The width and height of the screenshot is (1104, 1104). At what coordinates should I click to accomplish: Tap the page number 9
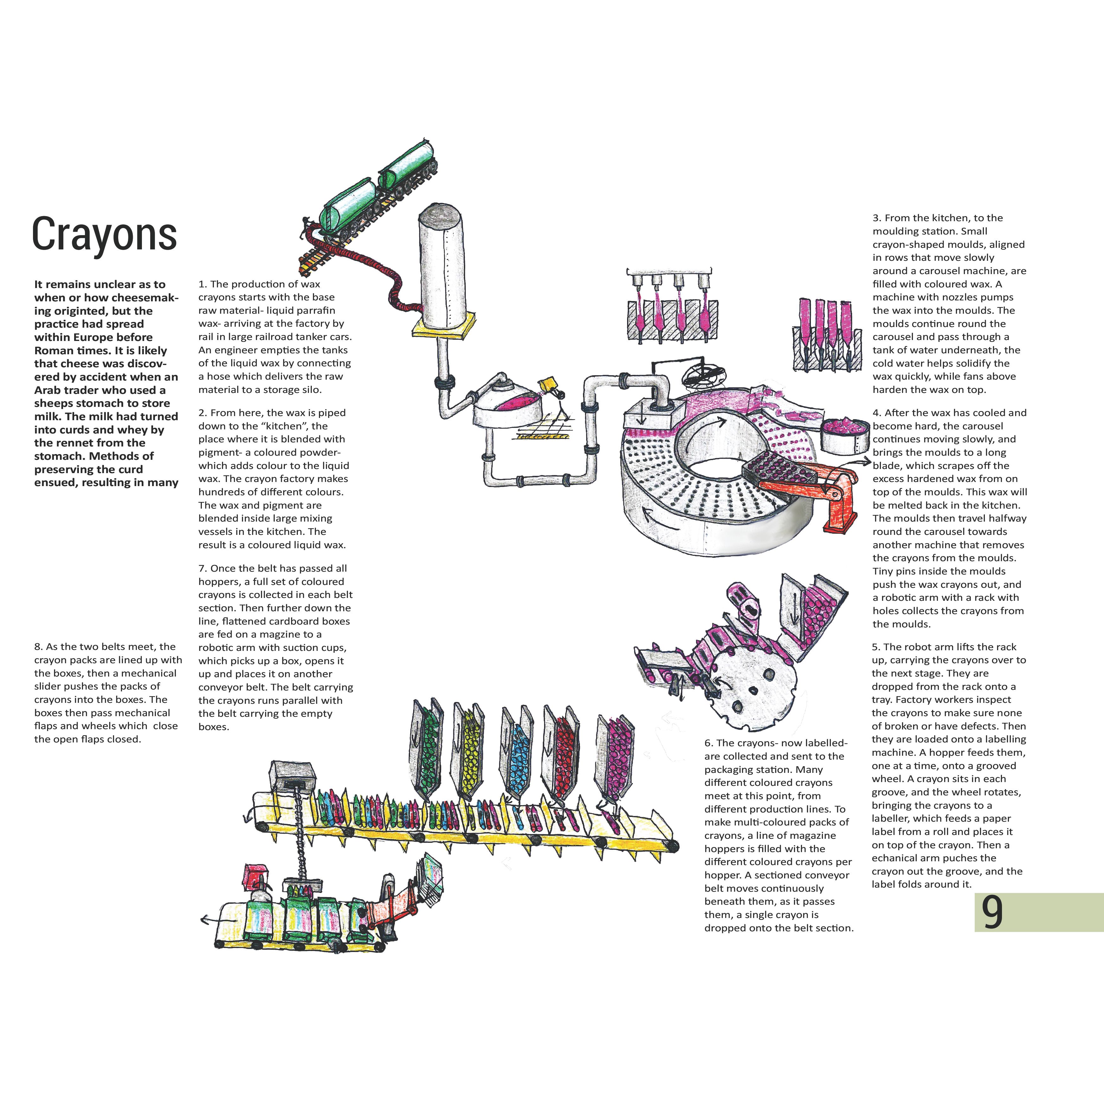[x=992, y=913]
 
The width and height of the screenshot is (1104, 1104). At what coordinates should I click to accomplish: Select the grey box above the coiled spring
[x=292, y=775]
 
